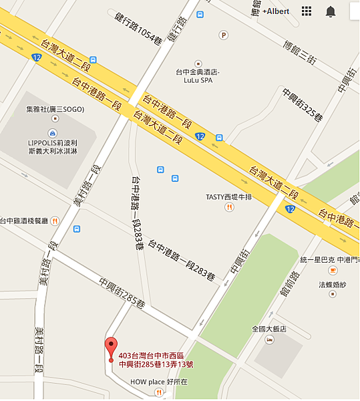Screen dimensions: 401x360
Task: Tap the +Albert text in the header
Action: click(276, 11)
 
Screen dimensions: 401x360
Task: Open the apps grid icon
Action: click(307, 11)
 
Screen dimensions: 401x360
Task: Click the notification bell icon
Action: click(331, 11)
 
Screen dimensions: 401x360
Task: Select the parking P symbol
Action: click(224, 35)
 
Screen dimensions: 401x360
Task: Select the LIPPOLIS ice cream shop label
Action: click(53, 145)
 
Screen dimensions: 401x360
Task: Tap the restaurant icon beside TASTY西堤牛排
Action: click(229, 207)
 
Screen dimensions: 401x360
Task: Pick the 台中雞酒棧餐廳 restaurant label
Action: click(25, 221)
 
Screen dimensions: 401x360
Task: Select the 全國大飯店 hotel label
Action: click(269, 329)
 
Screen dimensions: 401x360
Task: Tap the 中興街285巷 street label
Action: click(122, 293)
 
